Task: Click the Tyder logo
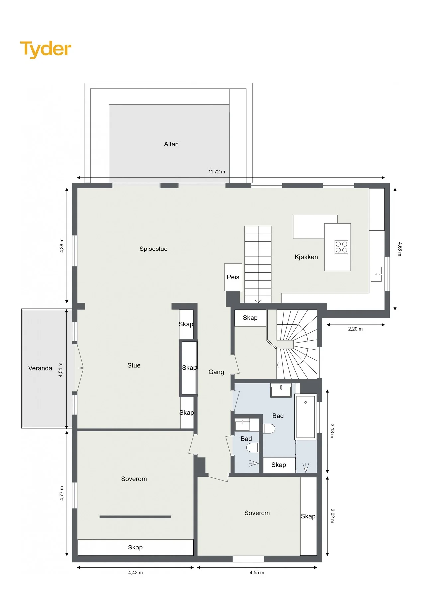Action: tap(46, 50)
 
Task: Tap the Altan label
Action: tap(171, 144)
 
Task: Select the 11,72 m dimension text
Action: tap(217, 172)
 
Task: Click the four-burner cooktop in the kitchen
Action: tap(341, 247)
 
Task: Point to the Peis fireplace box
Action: tap(233, 277)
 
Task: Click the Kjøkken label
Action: tap(306, 257)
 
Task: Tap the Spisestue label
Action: tap(154, 249)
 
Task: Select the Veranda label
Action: tap(40, 368)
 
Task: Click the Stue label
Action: tap(134, 365)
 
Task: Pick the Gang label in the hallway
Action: tap(216, 372)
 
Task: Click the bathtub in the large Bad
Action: tap(306, 417)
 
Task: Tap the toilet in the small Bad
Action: tap(253, 448)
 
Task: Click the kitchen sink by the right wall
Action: tap(376, 274)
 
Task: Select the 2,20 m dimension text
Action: tap(355, 329)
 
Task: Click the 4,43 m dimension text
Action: tap(136, 572)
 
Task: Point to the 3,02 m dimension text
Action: tap(332, 516)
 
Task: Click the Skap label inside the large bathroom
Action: tap(279, 465)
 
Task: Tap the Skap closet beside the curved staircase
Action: tap(250, 318)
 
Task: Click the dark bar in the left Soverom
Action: tap(136, 517)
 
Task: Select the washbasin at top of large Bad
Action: tap(281, 390)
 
